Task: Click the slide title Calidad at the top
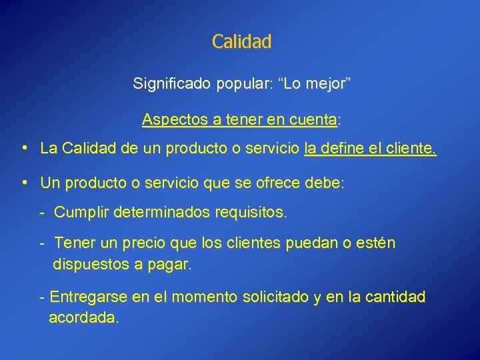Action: pos(241,41)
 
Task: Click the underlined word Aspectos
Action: pos(170,120)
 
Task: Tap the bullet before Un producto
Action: pos(24,182)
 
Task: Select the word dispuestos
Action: pos(91,264)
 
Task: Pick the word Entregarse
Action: pos(88,297)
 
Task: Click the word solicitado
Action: pos(272,297)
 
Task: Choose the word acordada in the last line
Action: pos(83,318)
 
